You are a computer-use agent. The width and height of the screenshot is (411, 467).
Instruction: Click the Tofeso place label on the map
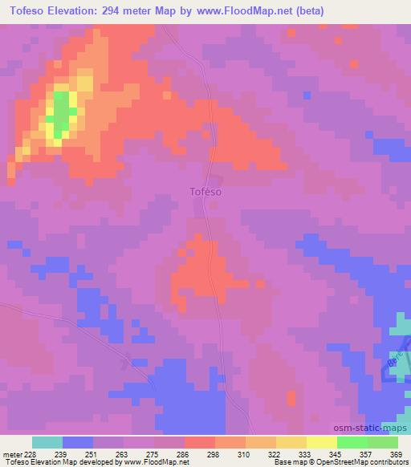click(205, 193)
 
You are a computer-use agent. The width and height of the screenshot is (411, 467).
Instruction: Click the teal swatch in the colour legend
click(47, 442)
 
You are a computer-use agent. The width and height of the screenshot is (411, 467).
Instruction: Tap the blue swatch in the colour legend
click(78, 442)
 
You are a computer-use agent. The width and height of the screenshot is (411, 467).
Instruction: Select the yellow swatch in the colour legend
click(321, 442)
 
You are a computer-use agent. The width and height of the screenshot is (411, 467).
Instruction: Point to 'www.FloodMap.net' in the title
click(239, 10)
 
